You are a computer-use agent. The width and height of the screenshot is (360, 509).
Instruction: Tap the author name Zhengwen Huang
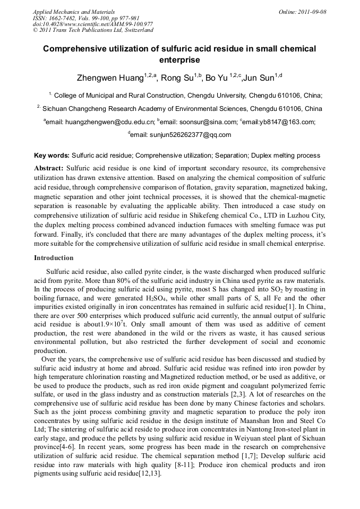pyautogui.click(x=110, y=78)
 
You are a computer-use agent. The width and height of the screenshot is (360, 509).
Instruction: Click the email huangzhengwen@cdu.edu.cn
pyautogui.click(x=110, y=122)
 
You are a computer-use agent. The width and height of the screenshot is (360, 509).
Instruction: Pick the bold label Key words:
pyautogui.click(x=52, y=156)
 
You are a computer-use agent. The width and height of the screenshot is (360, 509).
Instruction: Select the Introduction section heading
pyautogui.click(x=54, y=258)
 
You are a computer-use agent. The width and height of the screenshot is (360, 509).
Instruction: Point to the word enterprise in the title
pyautogui.click(x=179, y=61)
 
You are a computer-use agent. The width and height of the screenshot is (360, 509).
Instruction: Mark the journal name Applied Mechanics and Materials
pyautogui.click(x=74, y=11)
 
